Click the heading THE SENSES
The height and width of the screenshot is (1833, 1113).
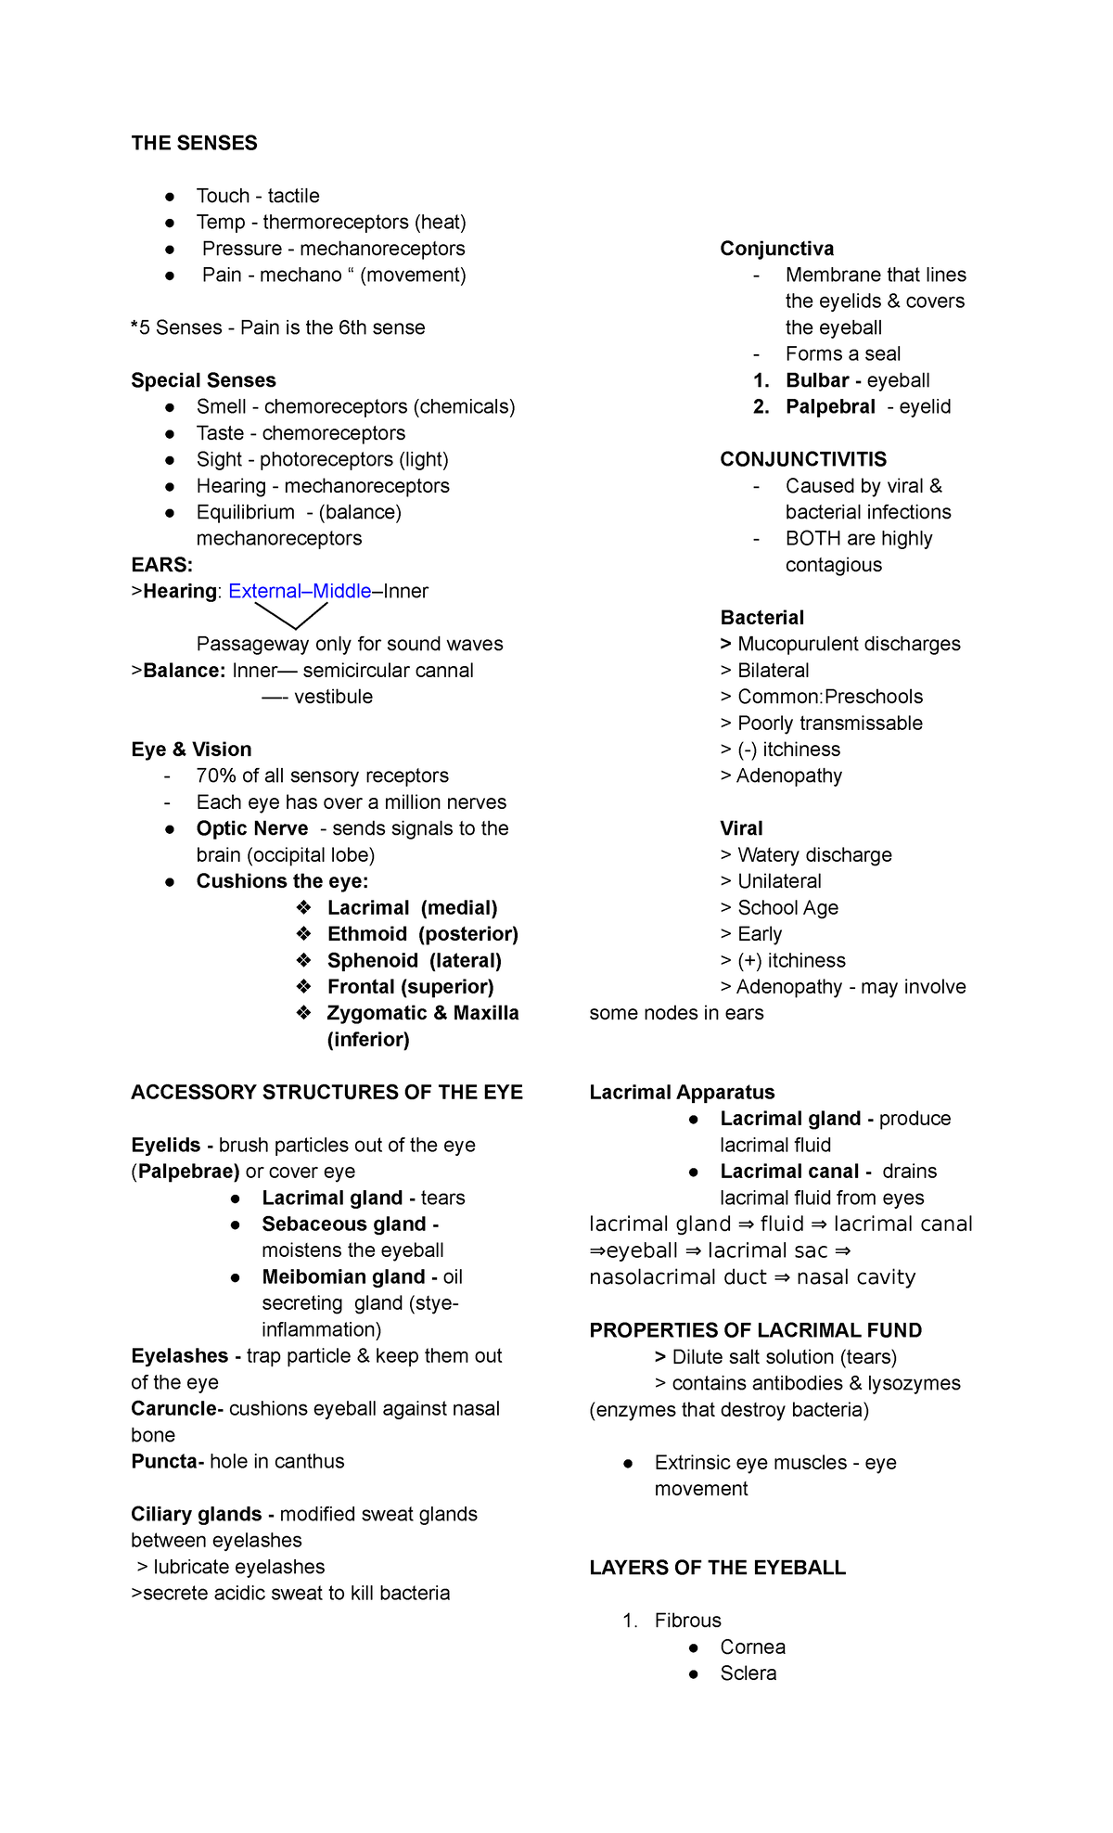[194, 143]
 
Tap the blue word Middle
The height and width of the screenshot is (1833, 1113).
[342, 591]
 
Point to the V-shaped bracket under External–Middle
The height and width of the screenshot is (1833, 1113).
[291, 616]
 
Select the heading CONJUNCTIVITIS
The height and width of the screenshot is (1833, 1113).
[803, 459]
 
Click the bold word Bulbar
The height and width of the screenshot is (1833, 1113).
[816, 380]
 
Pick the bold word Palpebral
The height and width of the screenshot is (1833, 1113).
[829, 406]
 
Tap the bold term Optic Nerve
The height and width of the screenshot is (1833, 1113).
[251, 828]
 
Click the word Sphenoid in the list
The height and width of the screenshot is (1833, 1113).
[372, 961]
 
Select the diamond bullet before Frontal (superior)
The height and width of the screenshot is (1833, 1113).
[303, 986]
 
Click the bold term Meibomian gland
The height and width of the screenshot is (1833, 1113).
[343, 1277]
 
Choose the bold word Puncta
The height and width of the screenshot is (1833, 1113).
[165, 1462]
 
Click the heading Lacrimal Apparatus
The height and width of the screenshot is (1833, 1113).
[682, 1093]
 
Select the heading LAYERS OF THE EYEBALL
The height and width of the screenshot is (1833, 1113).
[717, 1568]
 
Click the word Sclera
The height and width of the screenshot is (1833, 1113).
[748, 1673]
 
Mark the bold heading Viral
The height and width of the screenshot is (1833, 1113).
[741, 828]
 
